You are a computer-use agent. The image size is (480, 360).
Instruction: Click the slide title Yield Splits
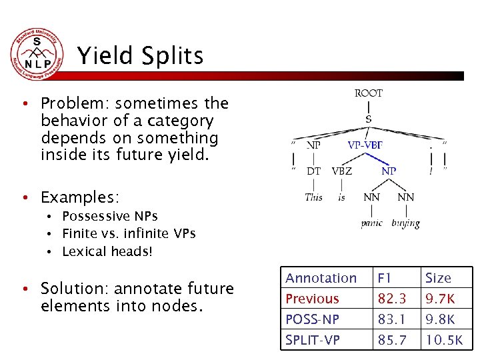[x=140, y=56]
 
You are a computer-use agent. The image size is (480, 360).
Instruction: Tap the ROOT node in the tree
[x=368, y=93]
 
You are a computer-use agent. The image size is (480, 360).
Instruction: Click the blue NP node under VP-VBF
[x=388, y=171]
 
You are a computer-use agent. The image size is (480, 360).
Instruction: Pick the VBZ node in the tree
[x=342, y=171]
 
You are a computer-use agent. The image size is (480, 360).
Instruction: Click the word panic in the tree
[x=371, y=223]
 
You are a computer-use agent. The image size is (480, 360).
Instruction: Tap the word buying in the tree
[x=405, y=223]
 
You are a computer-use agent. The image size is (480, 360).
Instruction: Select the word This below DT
[x=313, y=197]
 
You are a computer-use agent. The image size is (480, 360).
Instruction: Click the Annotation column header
[x=321, y=278]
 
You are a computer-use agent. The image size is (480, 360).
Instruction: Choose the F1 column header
[x=385, y=278]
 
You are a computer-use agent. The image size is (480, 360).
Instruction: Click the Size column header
[x=438, y=278]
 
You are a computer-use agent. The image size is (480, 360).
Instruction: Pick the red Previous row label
[x=312, y=299]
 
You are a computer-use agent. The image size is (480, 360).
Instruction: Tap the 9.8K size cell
[x=441, y=319]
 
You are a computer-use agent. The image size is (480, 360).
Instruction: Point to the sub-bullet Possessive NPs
[x=109, y=217]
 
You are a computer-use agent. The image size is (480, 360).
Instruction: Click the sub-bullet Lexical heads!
[x=107, y=251]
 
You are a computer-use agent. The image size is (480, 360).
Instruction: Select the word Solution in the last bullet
[x=69, y=289]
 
